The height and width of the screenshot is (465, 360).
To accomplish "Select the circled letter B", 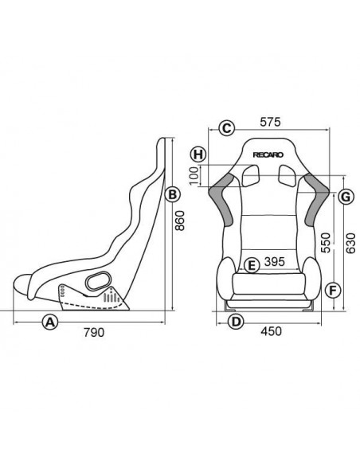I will click(x=170, y=193).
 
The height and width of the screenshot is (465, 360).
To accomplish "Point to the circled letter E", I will click(x=251, y=265).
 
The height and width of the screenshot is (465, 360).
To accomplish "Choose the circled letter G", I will click(x=345, y=196).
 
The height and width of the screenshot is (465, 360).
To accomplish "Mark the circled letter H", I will click(x=199, y=154).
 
